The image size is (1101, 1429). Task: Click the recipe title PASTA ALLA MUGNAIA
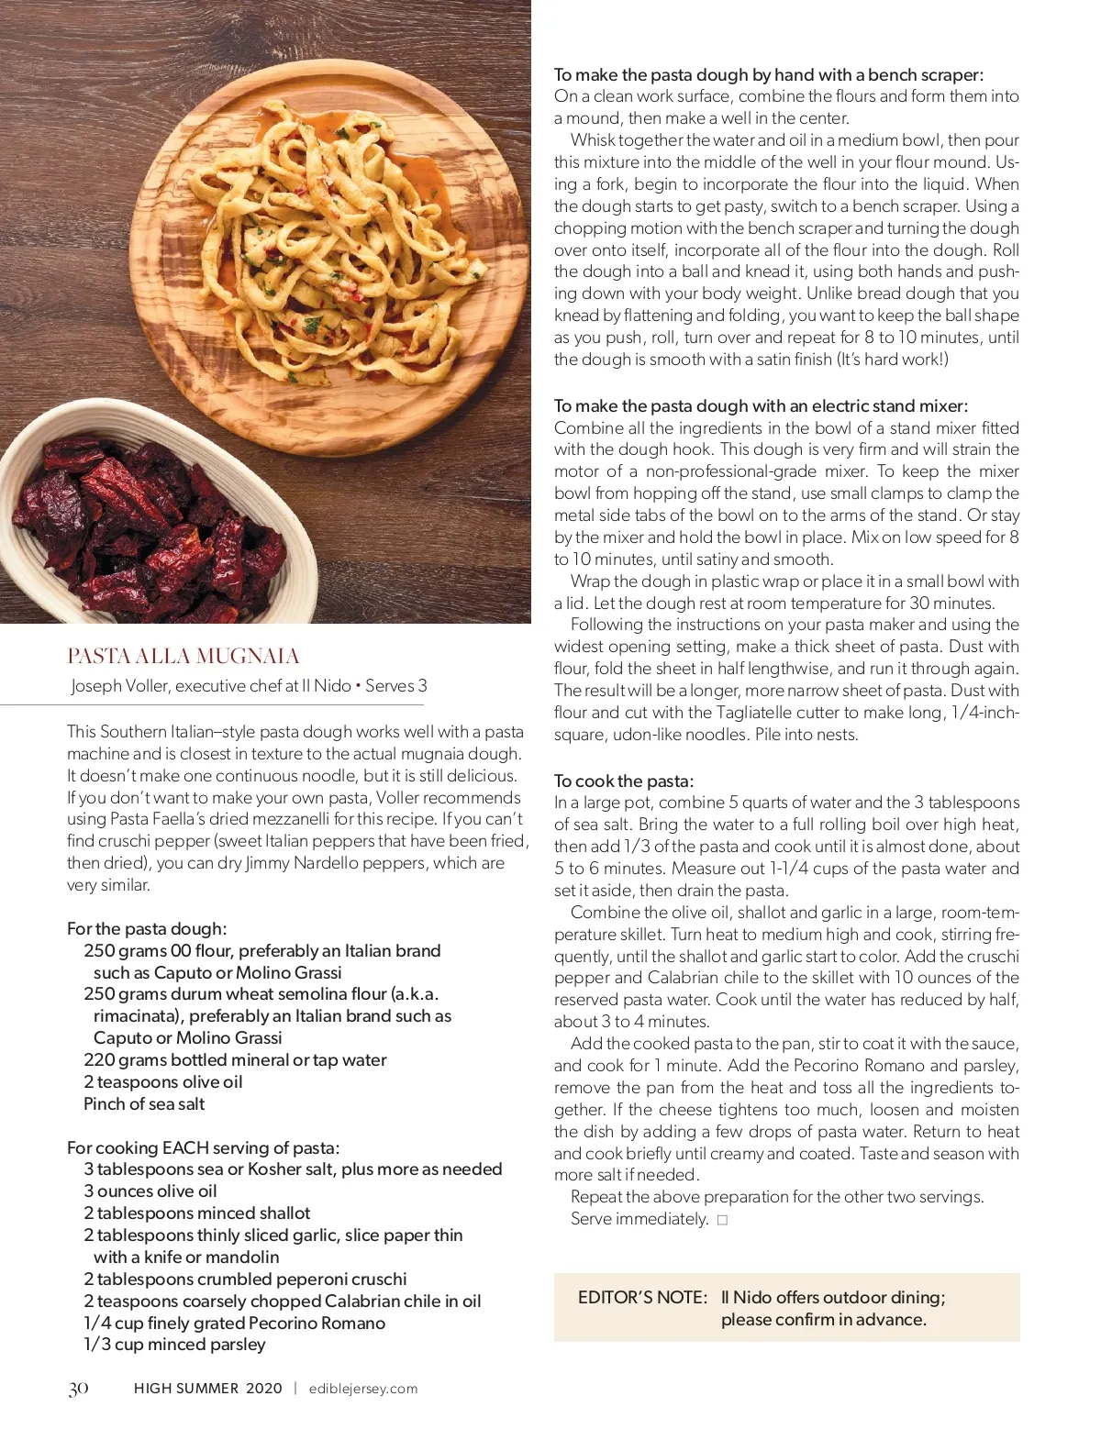point(183,656)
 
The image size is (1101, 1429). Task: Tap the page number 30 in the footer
point(78,1389)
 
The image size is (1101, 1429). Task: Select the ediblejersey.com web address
point(363,1389)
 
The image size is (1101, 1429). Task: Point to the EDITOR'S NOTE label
point(642,1297)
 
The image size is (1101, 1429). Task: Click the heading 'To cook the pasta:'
point(624,781)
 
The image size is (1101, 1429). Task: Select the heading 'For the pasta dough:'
point(147,928)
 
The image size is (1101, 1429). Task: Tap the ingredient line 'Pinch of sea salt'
point(144,1103)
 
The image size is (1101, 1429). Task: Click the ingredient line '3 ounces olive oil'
point(150,1191)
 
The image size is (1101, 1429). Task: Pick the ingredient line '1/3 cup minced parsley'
point(174,1344)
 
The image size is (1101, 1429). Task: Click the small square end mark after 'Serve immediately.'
point(722,1220)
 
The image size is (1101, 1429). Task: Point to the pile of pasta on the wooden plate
point(367,229)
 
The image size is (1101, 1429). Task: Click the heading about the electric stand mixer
point(761,405)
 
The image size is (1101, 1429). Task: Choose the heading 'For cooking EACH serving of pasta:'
point(203,1147)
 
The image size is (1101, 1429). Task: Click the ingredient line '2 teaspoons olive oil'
point(163,1081)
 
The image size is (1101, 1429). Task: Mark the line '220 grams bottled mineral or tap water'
point(235,1059)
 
